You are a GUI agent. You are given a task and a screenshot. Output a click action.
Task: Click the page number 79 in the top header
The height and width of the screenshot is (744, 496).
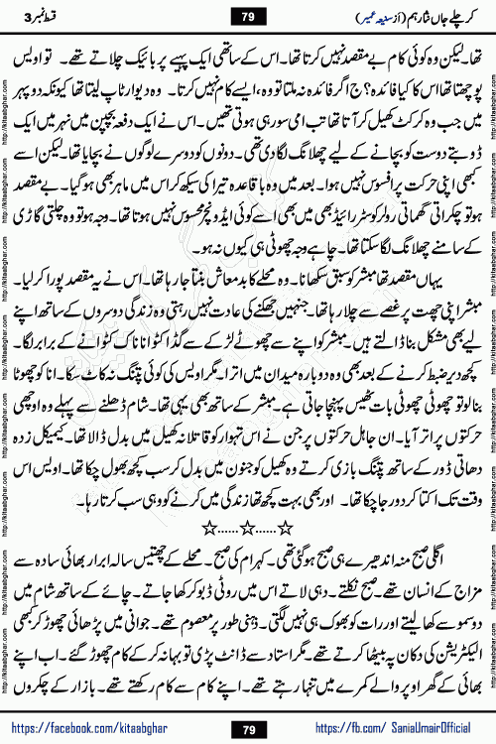(x=247, y=16)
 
